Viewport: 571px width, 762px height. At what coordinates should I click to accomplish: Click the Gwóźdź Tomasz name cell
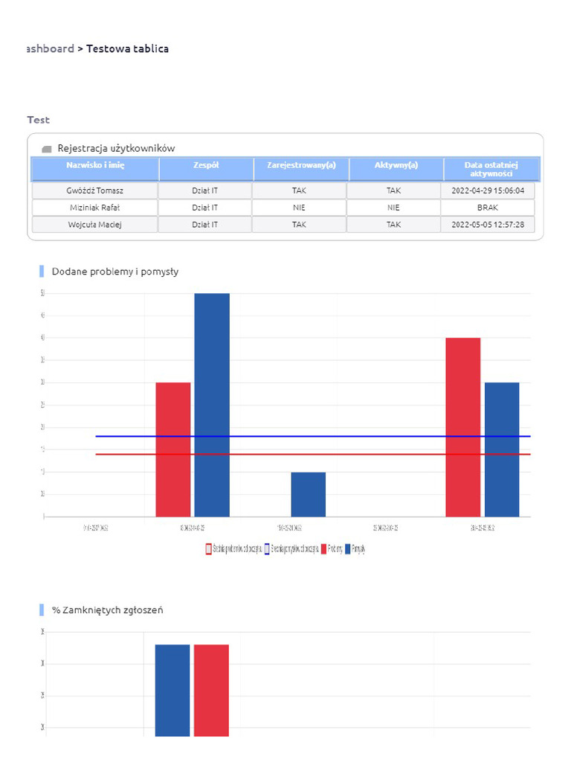pos(94,190)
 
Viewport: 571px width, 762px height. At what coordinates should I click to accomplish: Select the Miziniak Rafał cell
pos(94,208)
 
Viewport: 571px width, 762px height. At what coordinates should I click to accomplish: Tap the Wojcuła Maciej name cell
pos(94,224)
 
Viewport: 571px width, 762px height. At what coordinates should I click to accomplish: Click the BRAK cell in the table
pos(488,208)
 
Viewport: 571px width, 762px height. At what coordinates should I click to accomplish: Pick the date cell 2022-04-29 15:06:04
pos(488,190)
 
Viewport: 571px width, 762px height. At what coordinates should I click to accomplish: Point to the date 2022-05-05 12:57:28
pos(488,224)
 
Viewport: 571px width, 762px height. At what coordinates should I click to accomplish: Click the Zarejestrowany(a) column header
pos(301,165)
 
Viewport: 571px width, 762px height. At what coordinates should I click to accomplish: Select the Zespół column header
pos(205,165)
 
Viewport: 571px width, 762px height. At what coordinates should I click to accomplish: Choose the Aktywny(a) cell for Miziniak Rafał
pos(393,208)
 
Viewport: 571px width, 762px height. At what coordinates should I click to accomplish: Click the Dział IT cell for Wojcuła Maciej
pos(205,224)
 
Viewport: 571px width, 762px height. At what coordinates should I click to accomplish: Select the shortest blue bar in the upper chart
pos(308,494)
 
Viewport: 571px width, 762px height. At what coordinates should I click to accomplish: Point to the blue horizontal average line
pos(126,436)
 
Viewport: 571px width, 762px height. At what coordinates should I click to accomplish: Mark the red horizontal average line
pos(126,454)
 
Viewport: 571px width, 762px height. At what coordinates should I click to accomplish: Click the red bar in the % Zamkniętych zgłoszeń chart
pos(211,690)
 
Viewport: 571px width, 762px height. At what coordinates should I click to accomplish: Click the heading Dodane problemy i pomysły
pos(115,272)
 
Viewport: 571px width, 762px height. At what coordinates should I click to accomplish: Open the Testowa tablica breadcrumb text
pos(127,49)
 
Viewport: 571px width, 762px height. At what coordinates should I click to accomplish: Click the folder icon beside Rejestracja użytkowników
pos(47,149)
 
